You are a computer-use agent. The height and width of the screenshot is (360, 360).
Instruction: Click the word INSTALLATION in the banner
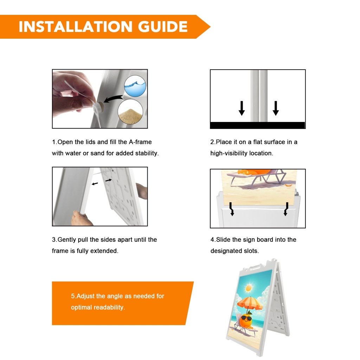pos(76,27)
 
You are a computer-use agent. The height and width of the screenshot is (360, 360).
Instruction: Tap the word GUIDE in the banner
pos(163,27)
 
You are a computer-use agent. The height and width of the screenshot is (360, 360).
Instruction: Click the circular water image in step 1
pos(135,86)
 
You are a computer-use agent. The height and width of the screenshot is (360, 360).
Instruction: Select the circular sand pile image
pos(130,112)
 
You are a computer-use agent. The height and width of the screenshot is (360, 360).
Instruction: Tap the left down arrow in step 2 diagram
pos(242,108)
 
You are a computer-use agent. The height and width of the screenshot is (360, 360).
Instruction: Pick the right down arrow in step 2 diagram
pos(276,108)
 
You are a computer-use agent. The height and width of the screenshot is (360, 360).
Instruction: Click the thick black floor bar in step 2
pos(258,125)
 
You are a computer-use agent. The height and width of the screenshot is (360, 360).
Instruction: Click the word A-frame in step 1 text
pos(140,142)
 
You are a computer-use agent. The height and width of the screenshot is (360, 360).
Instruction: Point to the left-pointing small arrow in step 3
pos(95,184)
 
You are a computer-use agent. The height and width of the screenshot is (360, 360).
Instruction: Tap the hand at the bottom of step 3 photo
pos(81,218)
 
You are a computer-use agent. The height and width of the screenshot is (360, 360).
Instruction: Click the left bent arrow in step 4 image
pos(232,209)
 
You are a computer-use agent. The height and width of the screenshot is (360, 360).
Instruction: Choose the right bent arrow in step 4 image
pos(286,209)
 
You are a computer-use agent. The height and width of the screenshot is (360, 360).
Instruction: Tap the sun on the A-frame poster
pos(249,288)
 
